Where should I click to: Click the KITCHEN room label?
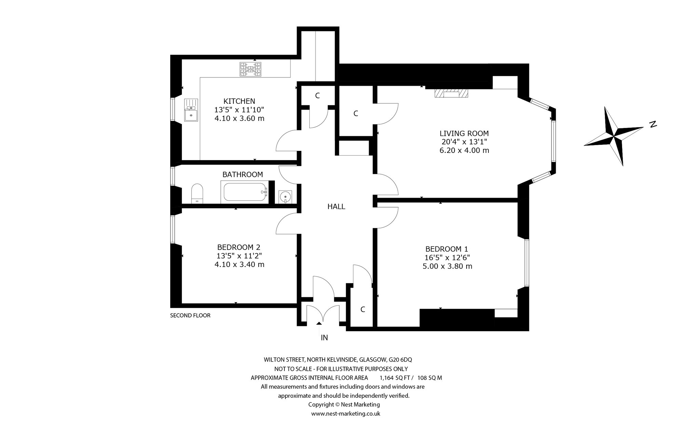[239, 101]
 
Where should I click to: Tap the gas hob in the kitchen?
[251, 70]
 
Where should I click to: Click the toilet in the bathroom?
[197, 194]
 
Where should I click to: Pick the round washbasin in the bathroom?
[285, 197]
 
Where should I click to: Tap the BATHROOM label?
[243, 174]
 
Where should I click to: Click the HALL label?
[336, 207]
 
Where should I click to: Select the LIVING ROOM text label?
[464, 133]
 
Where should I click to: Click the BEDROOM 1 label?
[447, 249]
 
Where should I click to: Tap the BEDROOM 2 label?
[239, 247]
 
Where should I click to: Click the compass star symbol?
[614, 137]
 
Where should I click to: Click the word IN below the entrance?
[324, 338]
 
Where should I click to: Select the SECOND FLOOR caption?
[190, 315]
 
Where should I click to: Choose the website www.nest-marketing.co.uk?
[346, 414]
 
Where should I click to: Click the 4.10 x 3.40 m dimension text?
[239, 264]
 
